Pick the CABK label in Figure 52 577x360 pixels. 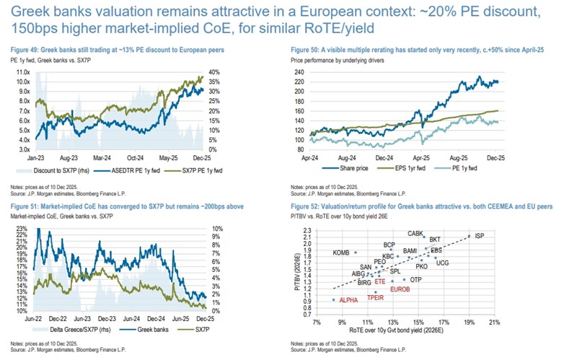(416, 233)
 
